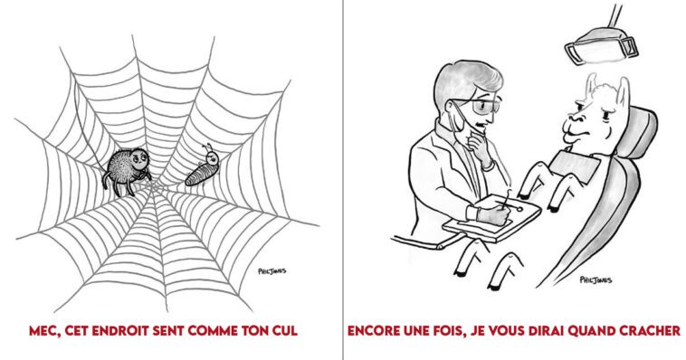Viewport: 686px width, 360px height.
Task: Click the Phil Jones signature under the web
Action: (272, 271)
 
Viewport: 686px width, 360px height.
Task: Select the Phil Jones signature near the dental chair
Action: (595, 280)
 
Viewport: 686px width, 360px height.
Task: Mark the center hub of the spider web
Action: (151, 185)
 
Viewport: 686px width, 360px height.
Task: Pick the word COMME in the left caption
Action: (212, 330)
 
